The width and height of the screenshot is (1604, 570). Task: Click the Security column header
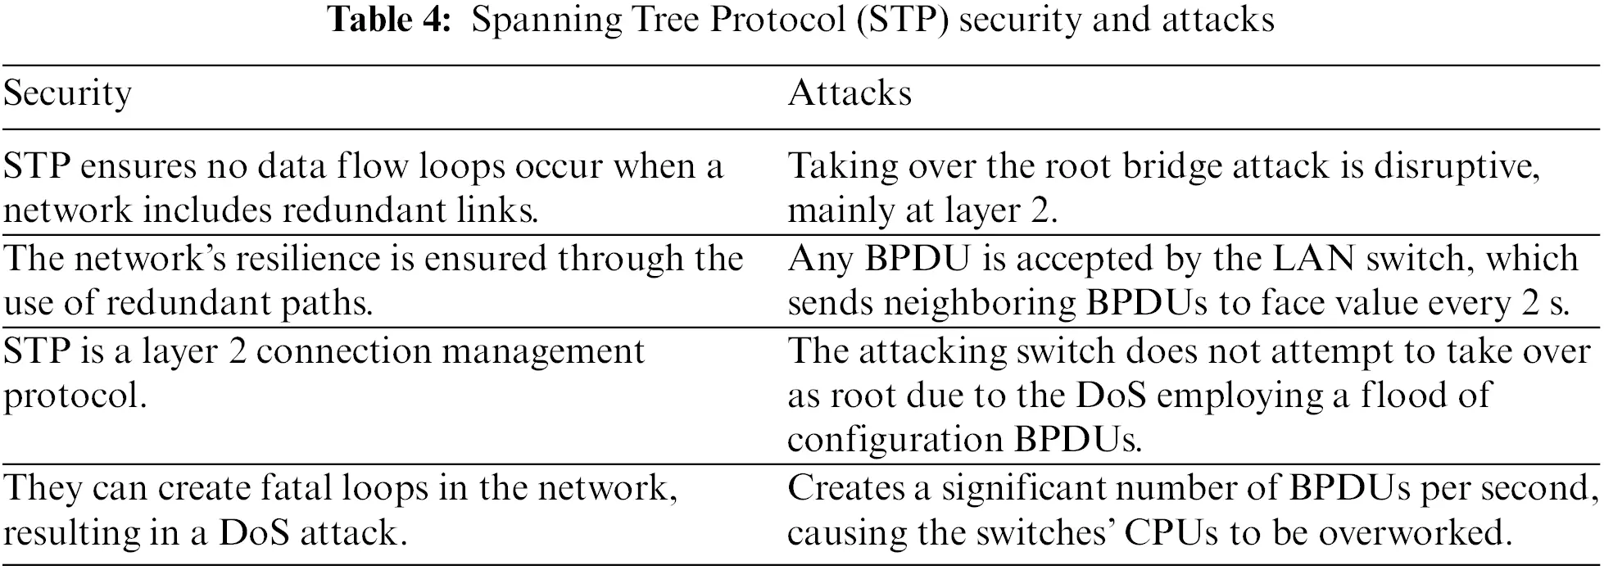pyautogui.click(x=67, y=93)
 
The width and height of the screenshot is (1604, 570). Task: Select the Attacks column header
pyautogui.click(x=850, y=93)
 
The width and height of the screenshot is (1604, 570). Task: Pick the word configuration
pyautogui.click(x=895, y=441)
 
